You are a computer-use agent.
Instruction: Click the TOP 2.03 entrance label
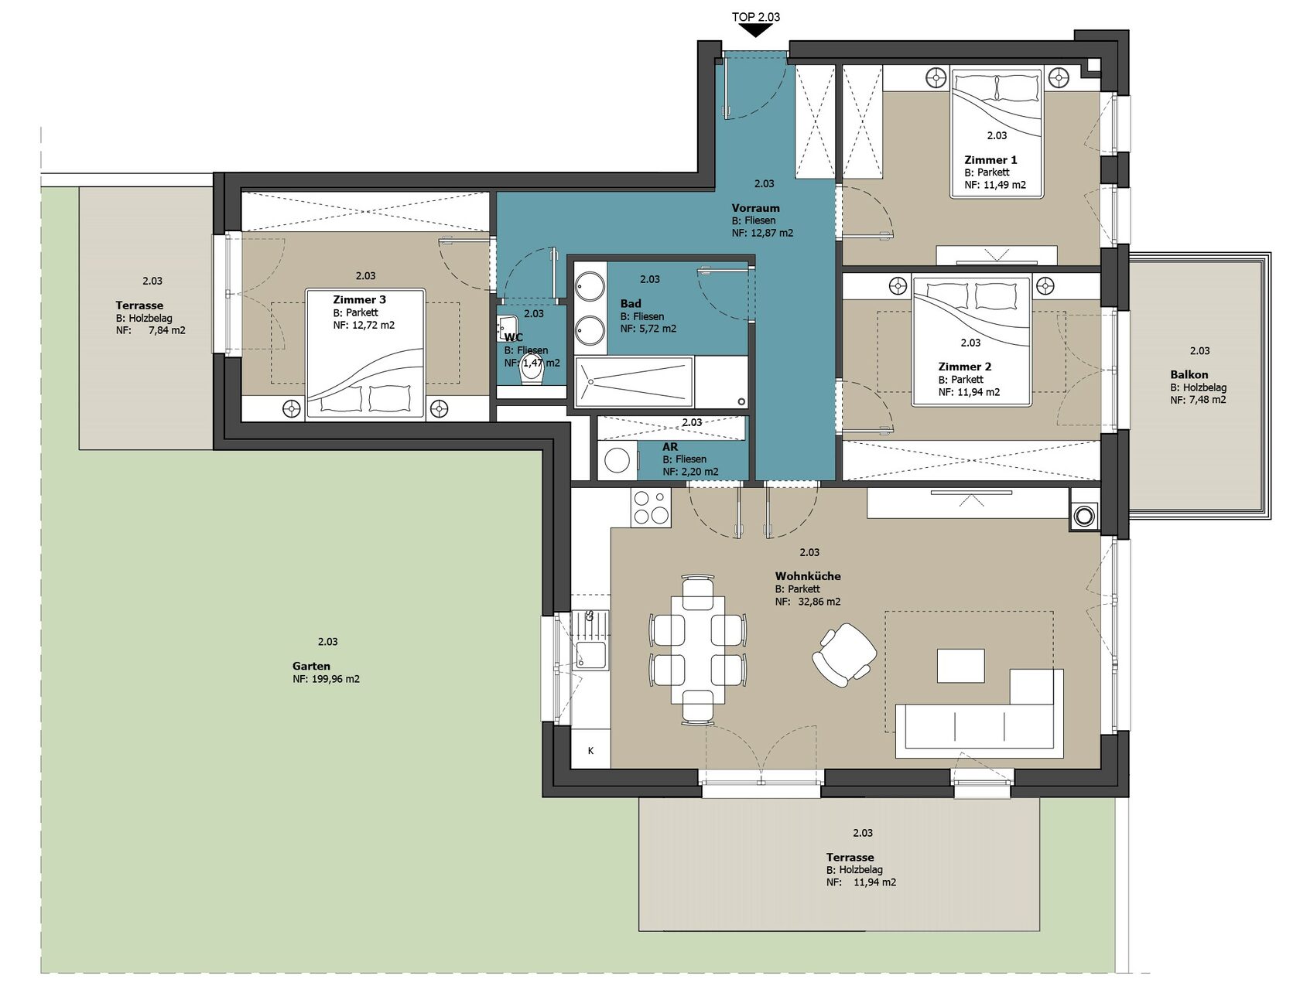[755, 17]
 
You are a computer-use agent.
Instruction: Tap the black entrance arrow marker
[755, 31]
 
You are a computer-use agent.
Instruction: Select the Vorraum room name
[755, 208]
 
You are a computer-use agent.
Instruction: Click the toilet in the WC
[531, 370]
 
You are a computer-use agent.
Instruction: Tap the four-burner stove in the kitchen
[651, 507]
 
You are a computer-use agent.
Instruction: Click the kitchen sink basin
[590, 654]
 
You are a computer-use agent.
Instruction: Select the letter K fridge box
[590, 750]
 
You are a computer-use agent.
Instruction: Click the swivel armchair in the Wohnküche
[844, 655]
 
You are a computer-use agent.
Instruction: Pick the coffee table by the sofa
[960, 665]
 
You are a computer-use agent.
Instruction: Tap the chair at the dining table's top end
[698, 590]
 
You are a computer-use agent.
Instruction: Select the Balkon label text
[1189, 374]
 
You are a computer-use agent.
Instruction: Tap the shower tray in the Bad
[634, 380]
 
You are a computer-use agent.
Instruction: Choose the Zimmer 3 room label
[360, 299]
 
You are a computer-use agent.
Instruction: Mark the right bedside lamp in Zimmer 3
[438, 408]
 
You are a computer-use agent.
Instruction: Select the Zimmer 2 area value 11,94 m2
[978, 392]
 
